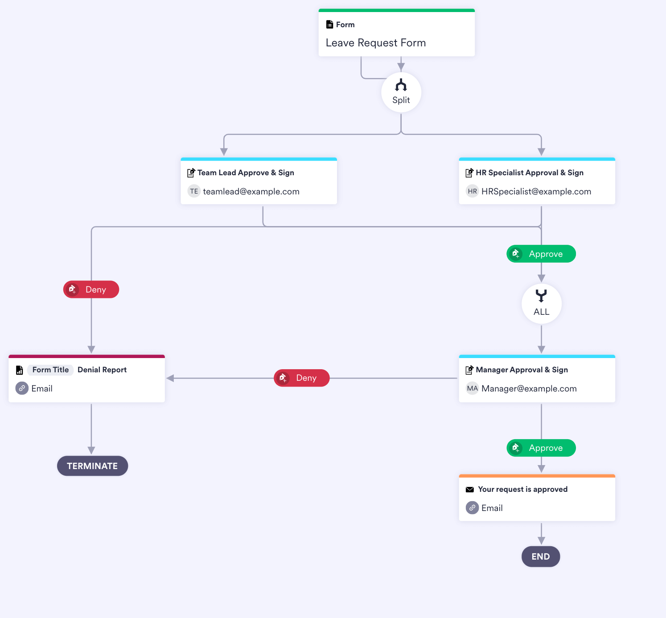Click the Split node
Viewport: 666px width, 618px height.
pos(401,93)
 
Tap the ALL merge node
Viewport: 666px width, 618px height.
pos(541,304)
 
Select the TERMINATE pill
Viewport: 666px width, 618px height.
pos(92,466)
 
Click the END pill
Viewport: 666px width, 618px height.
pos(540,556)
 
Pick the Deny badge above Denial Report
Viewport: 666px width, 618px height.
pos(91,289)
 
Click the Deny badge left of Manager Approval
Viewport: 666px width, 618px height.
pos(301,378)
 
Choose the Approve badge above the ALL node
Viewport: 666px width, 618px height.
pos(541,254)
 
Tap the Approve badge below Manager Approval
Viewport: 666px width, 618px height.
pos(541,448)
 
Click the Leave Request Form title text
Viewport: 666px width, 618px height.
pos(375,43)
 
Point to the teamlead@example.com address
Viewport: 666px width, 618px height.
pos(251,191)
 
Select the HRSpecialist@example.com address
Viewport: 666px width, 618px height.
pos(536,191)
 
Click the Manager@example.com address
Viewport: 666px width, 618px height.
pos(529,388)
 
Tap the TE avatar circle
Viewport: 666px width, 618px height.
pos(194,191)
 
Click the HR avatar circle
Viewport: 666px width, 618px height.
pos(472,191)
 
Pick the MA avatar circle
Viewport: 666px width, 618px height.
pos(472,388)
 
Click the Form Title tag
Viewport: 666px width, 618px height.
pos(50,370)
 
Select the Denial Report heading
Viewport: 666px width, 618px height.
pos(102,370)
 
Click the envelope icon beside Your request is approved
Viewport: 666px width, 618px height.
pos(469,490)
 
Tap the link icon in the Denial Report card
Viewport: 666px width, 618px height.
pos(22,388)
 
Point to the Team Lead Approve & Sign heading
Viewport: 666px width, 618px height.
pos(246,173)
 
